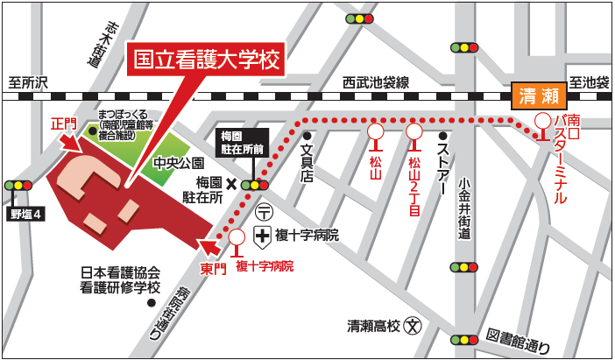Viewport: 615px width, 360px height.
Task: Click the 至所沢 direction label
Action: (x=29, y=82)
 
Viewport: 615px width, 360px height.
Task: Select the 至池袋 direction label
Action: (x=590, y=83)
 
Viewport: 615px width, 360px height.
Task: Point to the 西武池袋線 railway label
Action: (x=376, y=82)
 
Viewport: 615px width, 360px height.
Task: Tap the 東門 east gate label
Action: (x=213, y=268)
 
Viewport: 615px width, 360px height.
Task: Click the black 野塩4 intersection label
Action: (x=26, y=213)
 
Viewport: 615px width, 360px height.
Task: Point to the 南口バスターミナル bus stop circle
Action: (x=544, y=120)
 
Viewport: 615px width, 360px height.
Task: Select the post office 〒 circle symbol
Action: (x=263, y=211)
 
